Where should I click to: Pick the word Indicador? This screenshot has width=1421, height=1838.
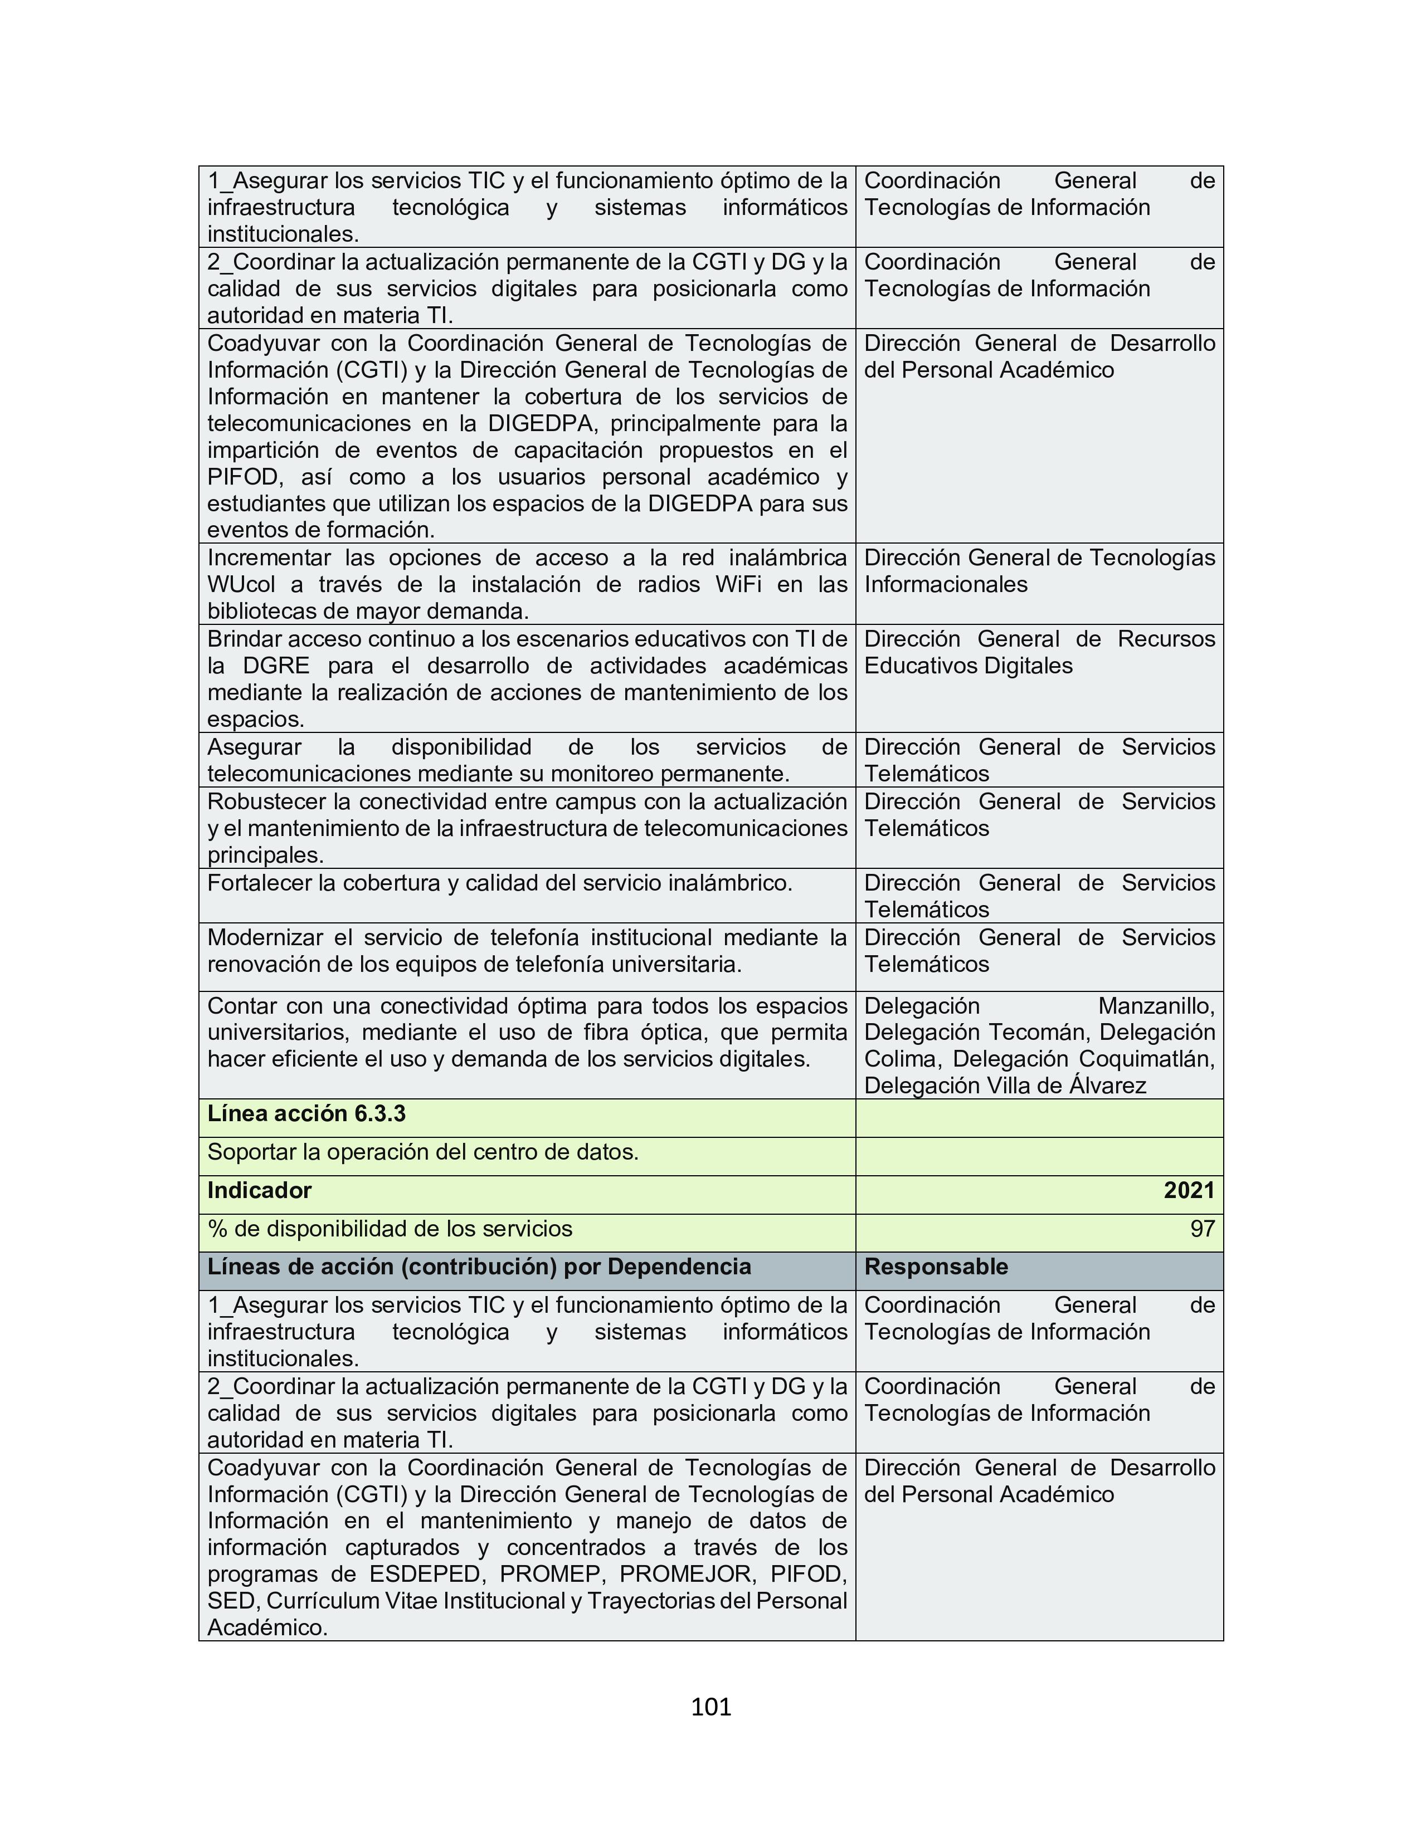[259, 1190]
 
